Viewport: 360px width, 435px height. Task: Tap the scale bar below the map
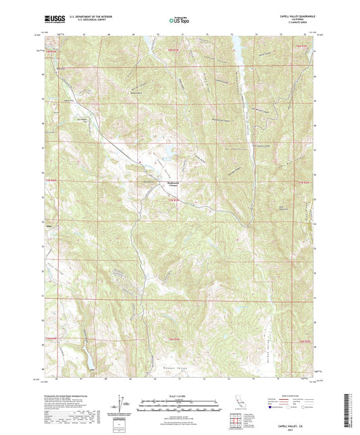tap(178, 403)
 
